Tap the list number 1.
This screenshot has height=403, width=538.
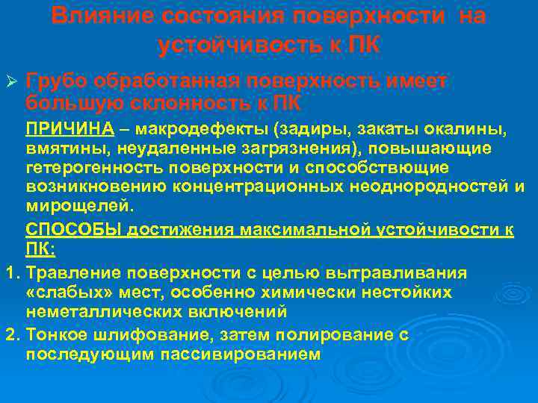pos(10,272)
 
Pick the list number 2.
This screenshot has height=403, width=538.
pos(10,335)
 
